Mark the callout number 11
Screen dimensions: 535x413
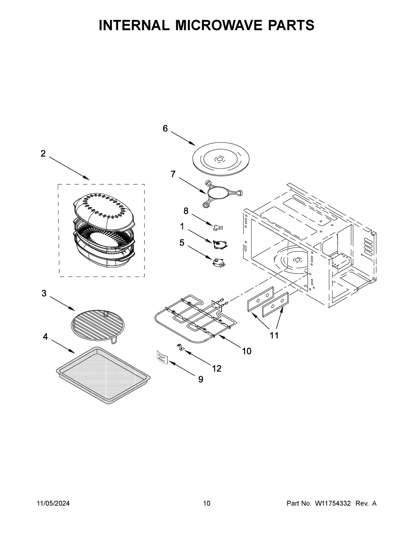coord(274,335)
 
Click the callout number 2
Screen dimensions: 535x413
coord(43,154)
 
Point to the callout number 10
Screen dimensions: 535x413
coord(246,351)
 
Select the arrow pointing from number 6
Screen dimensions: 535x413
coord(182,138)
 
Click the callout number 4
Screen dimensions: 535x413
coord(45,337)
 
